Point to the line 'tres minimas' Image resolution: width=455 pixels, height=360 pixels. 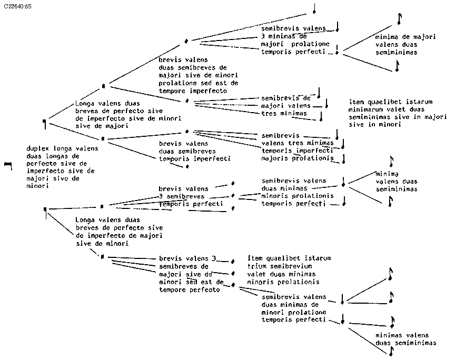284,113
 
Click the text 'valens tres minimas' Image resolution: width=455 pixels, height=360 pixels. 298,143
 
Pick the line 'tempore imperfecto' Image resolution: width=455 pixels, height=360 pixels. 193,91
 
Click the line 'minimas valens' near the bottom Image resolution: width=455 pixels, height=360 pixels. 402,335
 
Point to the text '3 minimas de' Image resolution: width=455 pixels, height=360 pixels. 283,36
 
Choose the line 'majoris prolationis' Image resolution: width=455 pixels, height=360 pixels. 298,158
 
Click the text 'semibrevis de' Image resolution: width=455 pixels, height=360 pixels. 286,98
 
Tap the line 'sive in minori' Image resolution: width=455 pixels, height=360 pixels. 375,125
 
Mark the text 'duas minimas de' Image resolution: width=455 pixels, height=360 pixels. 290,304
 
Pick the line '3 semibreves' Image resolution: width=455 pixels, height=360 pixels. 182,196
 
